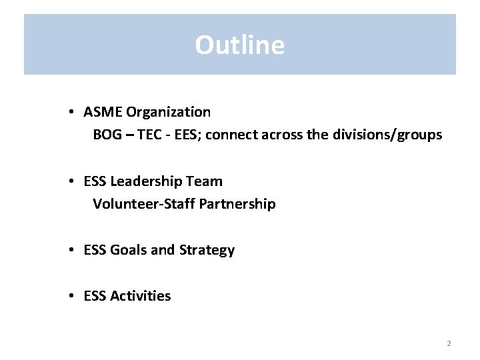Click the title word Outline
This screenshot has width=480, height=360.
click(239, 45)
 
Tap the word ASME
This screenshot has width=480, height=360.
click(103, 112)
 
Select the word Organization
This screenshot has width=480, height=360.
click(168, 112)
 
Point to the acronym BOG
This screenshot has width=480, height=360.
click(107, 135)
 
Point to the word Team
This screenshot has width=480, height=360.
click(207, 181)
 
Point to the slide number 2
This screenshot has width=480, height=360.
click(449, 343)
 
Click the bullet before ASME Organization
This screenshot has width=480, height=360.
click(71, 113)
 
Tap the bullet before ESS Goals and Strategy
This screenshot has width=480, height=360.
click(71, 251)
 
